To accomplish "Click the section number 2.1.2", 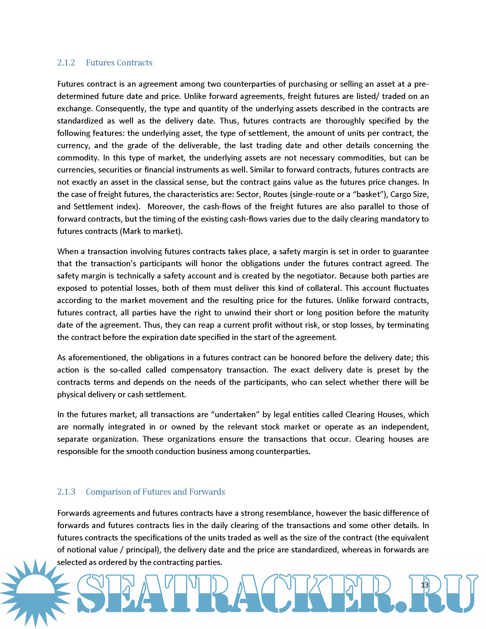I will point(66,63).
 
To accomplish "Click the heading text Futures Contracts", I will point(119,63).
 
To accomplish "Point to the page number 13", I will point(425,585).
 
